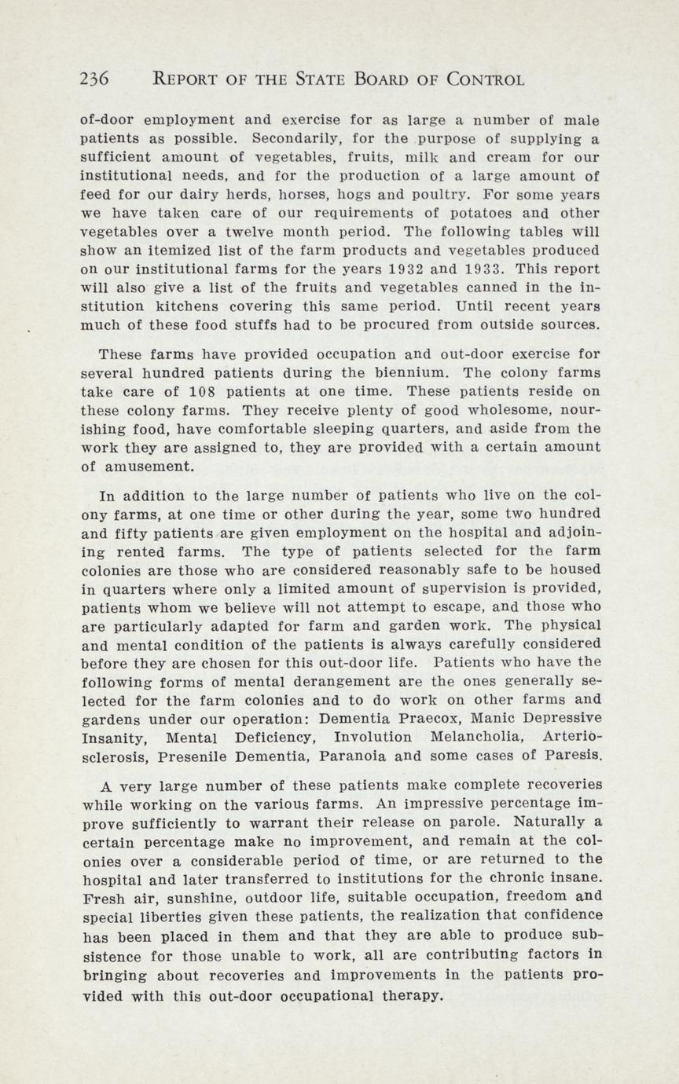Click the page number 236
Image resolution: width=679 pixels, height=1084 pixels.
[x=94, y=79]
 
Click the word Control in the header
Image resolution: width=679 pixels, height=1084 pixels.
[x=485, y=79]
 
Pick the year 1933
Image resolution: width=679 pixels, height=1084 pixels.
[x=456, y=269]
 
